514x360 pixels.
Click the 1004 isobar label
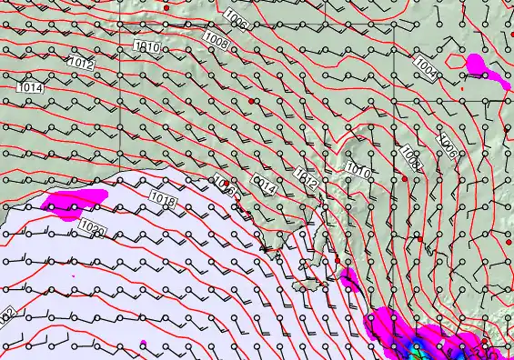point(424,65)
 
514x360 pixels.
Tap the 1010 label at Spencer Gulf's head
point(357,170)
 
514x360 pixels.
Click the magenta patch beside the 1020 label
point(68,205)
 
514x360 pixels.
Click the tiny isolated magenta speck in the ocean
point(144,343)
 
